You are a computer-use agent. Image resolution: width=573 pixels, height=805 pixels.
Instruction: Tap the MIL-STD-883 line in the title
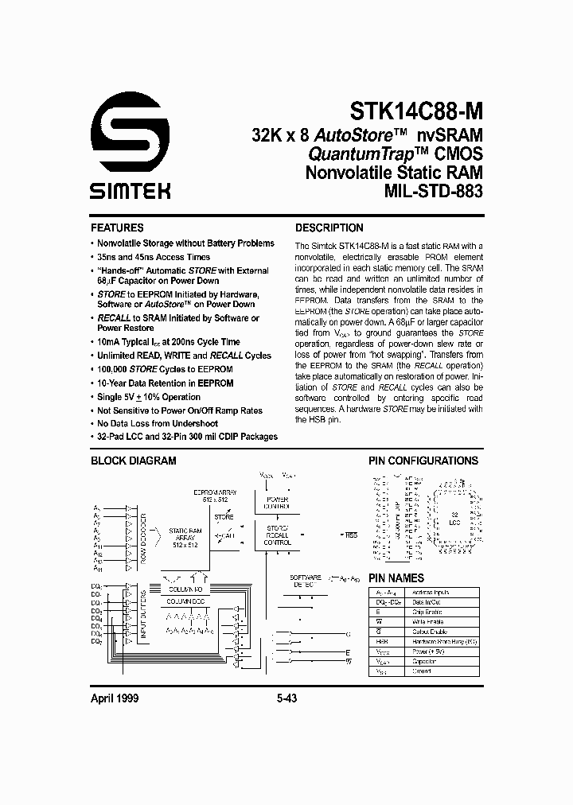(435, 192)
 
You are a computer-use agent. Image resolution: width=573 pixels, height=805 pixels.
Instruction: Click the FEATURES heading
(117, 227)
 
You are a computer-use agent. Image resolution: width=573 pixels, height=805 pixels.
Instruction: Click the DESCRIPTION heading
(329, 227)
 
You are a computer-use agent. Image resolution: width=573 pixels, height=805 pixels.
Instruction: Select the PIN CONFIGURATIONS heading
(423, 461)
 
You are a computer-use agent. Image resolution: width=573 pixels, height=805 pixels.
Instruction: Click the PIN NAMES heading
(396, 578)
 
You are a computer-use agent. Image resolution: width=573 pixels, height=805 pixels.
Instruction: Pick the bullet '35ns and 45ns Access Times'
(154, 257)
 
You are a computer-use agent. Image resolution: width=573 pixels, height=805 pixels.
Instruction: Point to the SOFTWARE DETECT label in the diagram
(303, 580)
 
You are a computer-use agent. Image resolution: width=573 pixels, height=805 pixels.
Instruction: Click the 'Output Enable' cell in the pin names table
(426, 632)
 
